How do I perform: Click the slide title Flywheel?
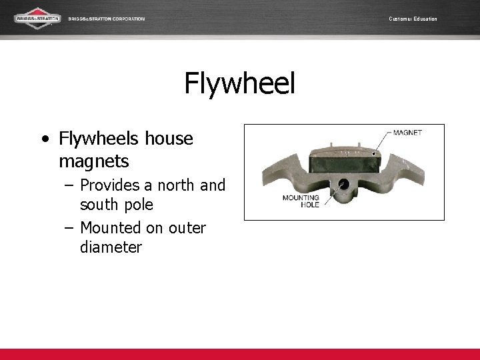pyautogui.click(x=239, y=85)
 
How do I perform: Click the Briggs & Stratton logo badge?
pyautogui.click(x=37, y=18)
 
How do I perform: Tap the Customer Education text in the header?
pyautogui.click(x=413, y=19)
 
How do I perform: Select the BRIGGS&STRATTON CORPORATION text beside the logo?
pyautogui.click(x=106, y=19)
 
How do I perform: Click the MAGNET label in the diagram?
pyautogui.click(x=407, y=133)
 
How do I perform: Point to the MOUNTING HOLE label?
pyautogui.click(x=301, y=201)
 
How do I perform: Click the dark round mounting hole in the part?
pyautogui.click(x=344, y=184)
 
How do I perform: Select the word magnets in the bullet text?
pyautogui.click(x=94, y=161)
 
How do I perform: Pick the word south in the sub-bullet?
pyautogui.click(x=101, y=205)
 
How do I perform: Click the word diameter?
pyautogui.click(x=111, y=247)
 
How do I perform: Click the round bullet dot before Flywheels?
pyautogui.click(x=44, y=140)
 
